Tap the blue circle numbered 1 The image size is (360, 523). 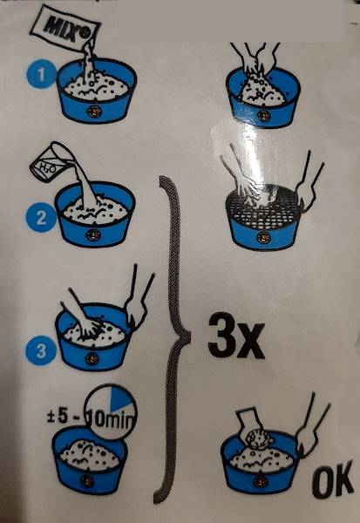pos(41,74)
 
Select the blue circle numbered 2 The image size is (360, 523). pos(41,217)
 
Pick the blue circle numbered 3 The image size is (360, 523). pos(41,350)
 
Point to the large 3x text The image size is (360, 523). pos(236,336)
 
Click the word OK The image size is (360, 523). pos(333,479)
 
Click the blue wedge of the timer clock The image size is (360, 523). pos(122,398)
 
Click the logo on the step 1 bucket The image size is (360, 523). pos(94,111)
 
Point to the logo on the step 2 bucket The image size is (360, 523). pos(92,235)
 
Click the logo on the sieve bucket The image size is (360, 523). pos(262,238)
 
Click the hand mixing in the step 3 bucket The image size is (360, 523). pos(83,316)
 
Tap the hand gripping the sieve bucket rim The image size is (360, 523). pos(309,187)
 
